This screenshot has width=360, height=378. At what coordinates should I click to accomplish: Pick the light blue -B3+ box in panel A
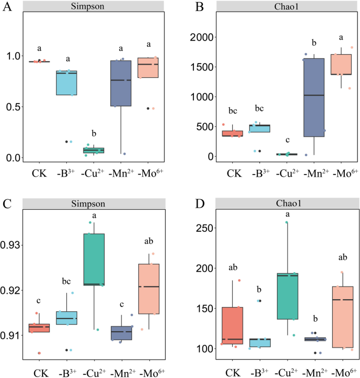coord(66,83)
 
